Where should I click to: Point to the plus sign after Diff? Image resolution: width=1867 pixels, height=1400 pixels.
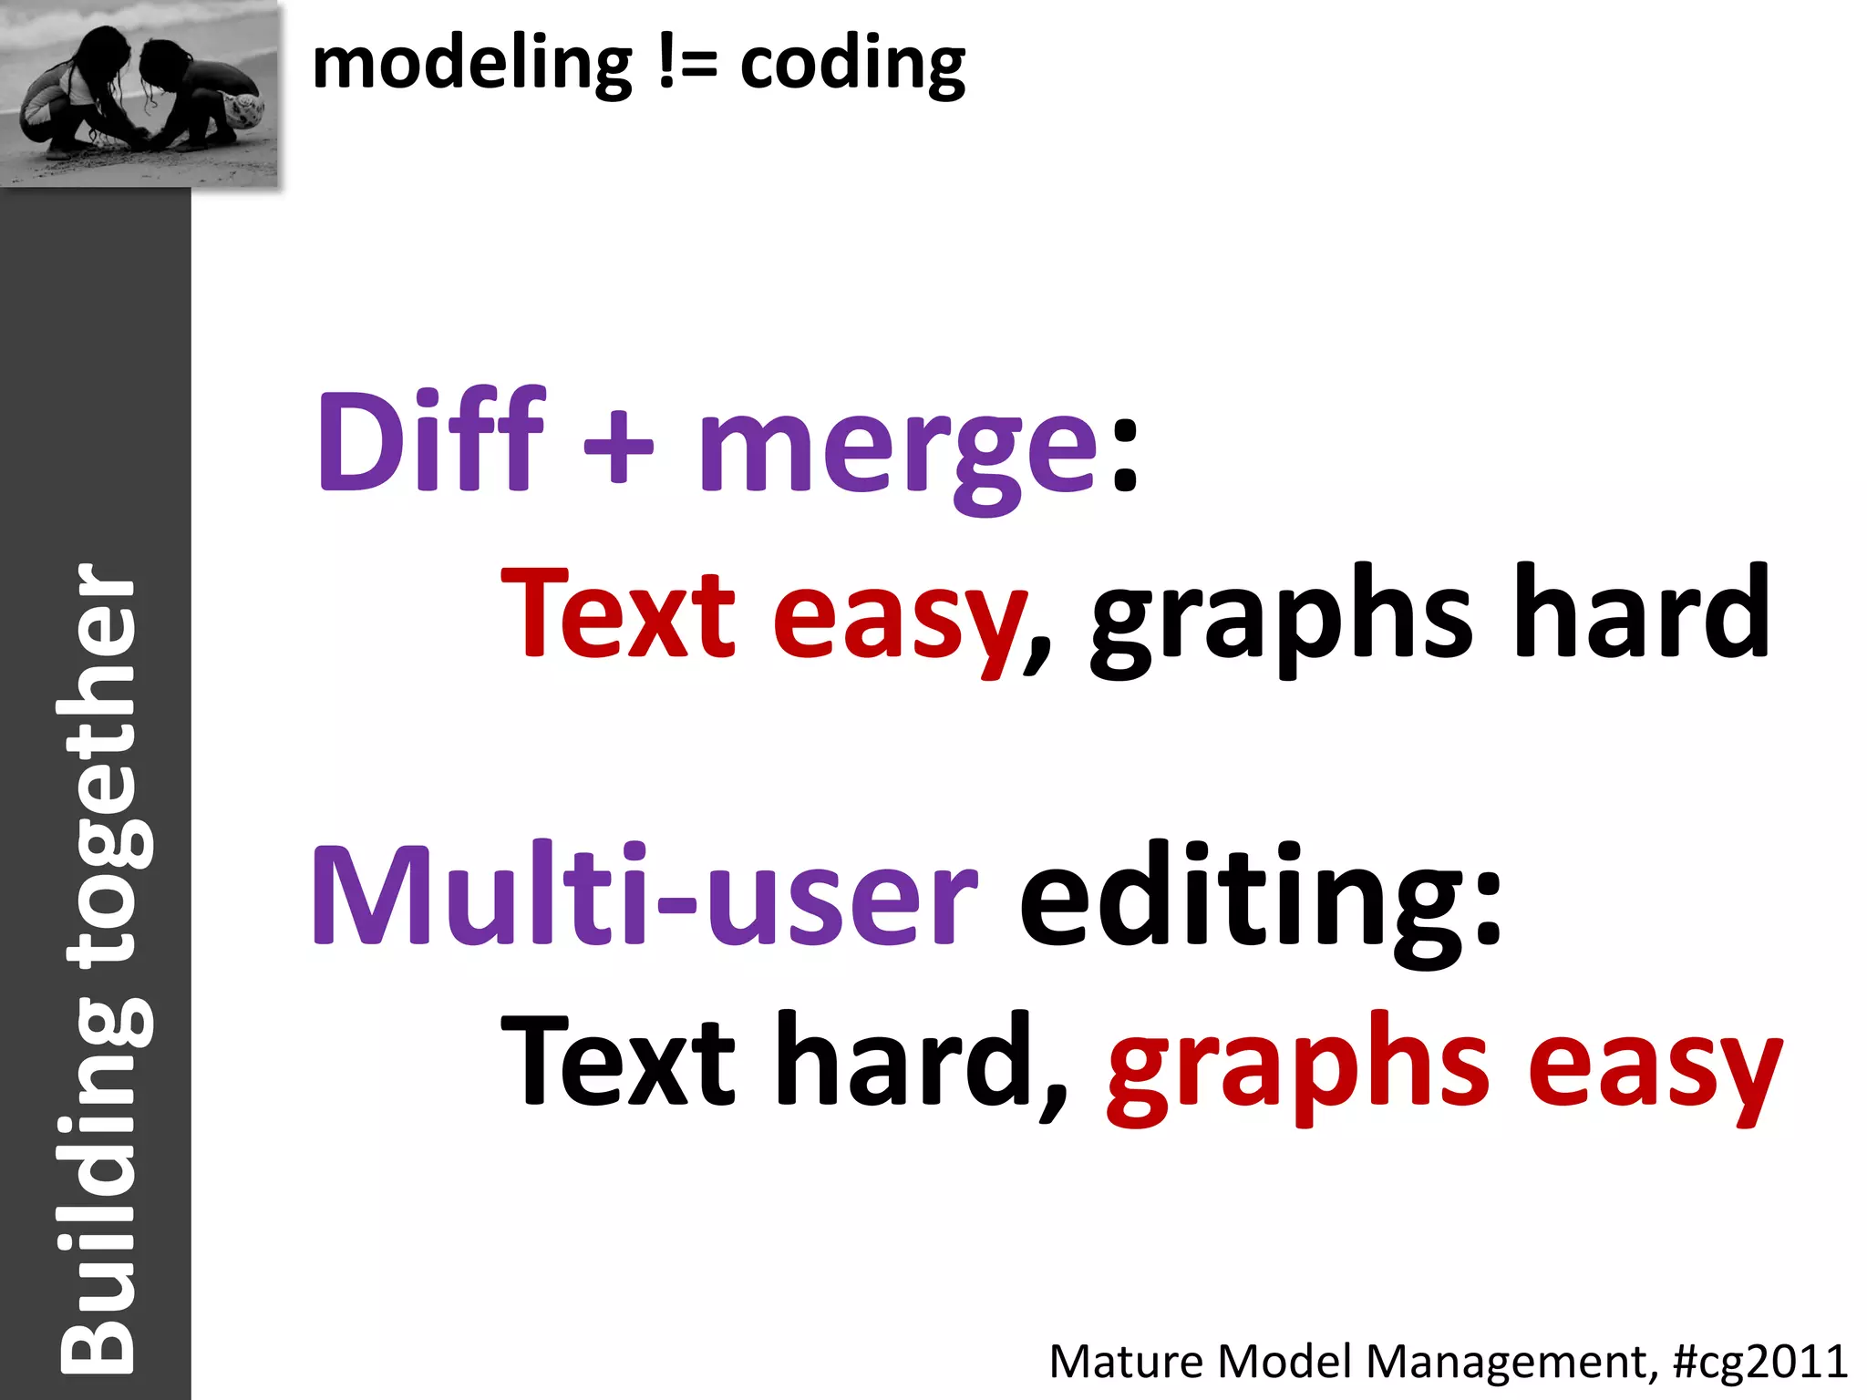(619, 447)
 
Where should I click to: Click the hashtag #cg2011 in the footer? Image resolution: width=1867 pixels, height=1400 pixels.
(1760, 1362)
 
